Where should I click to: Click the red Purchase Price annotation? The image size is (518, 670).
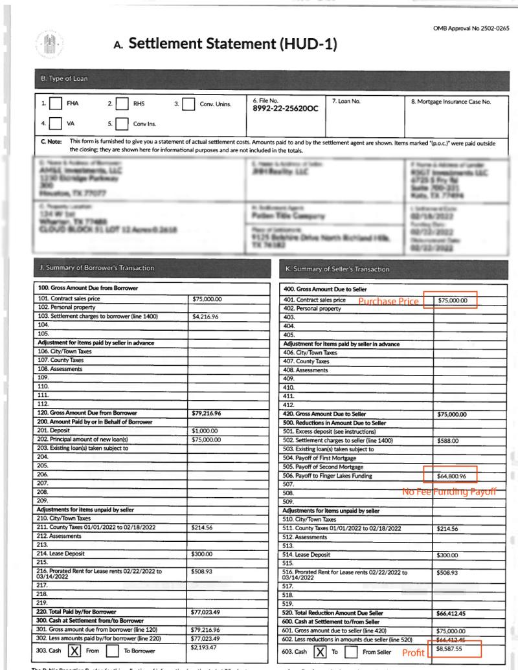388,301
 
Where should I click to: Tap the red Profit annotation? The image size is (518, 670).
413,653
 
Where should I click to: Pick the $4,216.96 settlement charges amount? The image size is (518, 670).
208,317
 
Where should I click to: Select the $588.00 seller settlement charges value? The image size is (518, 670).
447,443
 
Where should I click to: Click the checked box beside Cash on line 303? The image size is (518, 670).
74,651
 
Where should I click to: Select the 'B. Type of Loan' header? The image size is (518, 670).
62,79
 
